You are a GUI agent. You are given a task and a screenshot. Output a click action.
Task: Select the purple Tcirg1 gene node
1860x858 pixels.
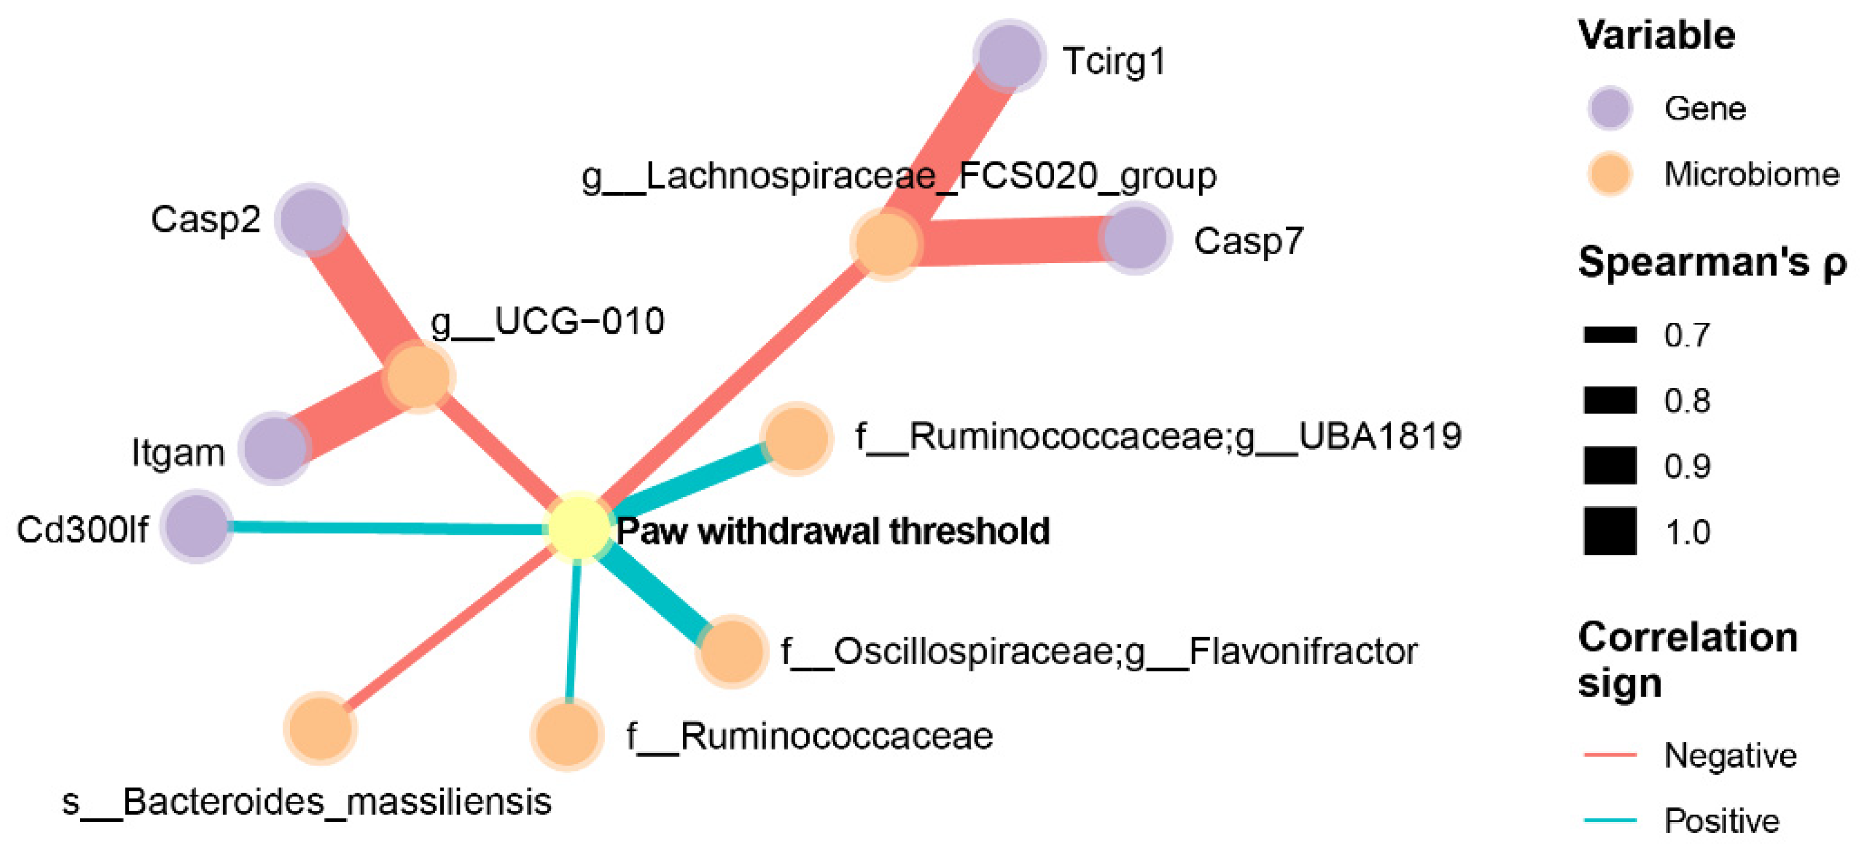[1009, 56]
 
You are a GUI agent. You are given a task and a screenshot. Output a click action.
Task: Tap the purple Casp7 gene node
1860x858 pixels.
[1135, 238]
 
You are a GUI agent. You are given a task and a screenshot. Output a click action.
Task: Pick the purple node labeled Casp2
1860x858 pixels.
[311, 219]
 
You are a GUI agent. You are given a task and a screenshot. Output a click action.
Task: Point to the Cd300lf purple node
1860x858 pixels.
[196, 526]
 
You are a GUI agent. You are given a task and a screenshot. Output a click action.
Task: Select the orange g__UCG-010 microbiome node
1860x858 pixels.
[418, 376]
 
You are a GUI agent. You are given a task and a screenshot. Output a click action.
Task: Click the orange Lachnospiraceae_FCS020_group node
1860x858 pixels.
[886, 243]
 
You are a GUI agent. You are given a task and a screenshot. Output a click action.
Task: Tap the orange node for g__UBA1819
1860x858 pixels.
[797, 438]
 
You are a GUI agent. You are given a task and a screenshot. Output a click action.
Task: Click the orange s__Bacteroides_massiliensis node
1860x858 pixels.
[321, 728]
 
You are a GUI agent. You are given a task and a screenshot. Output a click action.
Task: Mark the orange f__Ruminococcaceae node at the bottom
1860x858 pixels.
[568, 734]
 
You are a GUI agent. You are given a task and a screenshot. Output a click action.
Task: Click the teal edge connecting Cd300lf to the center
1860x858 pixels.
[383, 529]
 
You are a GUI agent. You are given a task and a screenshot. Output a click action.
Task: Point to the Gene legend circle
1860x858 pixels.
[1610, 108]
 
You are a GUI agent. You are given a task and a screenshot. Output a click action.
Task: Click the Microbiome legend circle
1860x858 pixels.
[1610, 174]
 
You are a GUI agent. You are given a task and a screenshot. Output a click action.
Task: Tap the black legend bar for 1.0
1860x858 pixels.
[1610, 531]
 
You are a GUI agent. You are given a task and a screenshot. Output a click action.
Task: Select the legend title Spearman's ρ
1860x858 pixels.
[1711, 262]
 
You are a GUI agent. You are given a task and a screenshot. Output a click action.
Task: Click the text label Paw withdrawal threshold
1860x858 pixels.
[833, 531]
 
